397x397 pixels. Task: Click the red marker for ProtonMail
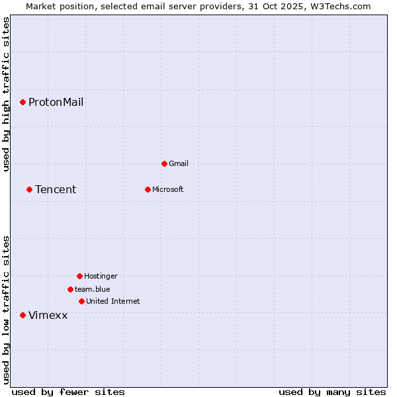click(x=22, y=102)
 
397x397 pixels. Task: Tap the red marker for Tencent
click(x=29, y=189)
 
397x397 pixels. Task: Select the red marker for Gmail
click(x=164, y=163)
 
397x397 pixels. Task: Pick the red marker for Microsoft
click(x=148, y=189)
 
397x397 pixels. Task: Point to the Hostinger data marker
click(x=79, y=276)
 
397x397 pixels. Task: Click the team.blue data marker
click(x=70, y=289)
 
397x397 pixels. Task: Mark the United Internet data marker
click(x=81, y=301)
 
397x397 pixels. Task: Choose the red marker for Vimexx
click(x=22, y=315)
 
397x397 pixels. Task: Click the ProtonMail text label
click(x=56, y=102)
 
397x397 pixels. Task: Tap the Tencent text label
click(x=56, y=190)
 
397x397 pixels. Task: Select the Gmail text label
click(x=179, y=163)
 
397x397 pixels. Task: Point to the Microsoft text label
click(x=168, y=189)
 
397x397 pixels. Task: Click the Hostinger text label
click(x=101, y=276)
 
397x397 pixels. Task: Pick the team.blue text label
click(x=93, y=289)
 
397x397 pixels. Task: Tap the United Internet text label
click(x=113, y=301)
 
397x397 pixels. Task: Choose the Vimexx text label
click(x=48, y=316)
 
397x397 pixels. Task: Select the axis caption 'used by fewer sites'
click(x=68, y=392)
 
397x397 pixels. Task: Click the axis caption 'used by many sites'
click(x=332, y=392)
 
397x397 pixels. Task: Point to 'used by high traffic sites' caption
click(x=6, y=94)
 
